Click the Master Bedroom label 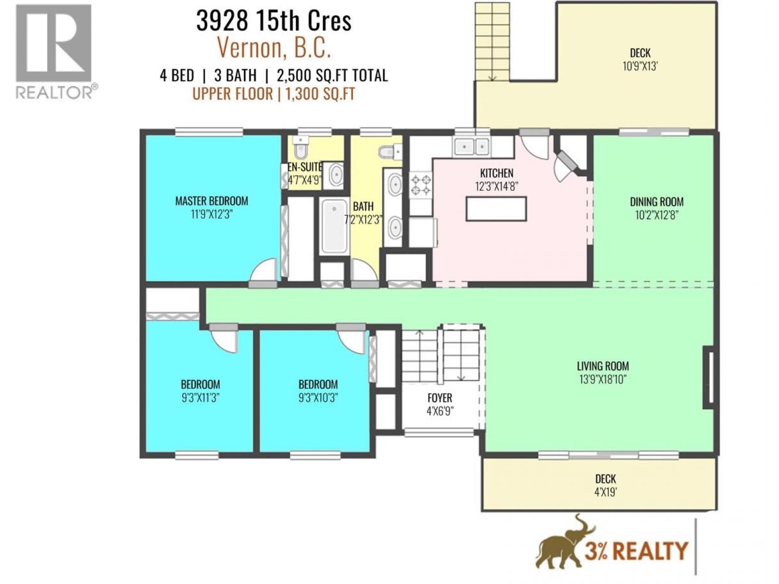211,201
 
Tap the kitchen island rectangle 496,209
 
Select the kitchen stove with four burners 420,184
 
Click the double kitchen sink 471,146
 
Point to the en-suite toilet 301,148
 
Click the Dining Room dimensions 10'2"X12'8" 656,215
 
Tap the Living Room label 603,366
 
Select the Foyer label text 439,398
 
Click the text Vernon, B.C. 274,47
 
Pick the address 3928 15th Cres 274,21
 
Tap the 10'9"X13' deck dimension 640,67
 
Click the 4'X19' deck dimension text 605,492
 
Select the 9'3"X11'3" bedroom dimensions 200,398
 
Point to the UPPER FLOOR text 233,94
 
